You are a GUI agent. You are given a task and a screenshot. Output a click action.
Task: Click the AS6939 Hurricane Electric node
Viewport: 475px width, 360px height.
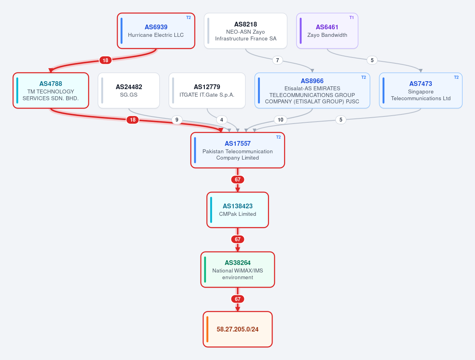click(x=156, y=30)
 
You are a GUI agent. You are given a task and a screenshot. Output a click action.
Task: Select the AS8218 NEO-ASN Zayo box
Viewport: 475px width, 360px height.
click(x=246, y=30)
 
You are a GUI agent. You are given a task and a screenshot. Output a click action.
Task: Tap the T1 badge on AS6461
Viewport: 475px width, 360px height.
click(x=351, y=17)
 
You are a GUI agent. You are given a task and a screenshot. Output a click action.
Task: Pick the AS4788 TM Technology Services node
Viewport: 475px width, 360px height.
click(x=51, y=91)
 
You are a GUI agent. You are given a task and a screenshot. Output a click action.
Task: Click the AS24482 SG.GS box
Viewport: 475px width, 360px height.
click(x=129, y=91)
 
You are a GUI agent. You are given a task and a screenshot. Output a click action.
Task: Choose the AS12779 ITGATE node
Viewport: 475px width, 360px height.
click(x=207, y=91)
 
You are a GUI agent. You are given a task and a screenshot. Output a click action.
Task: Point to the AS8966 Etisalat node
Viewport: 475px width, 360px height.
click(x=312, y=91)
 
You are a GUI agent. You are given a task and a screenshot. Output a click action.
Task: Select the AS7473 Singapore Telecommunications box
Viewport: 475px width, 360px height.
click(x=421, y=91)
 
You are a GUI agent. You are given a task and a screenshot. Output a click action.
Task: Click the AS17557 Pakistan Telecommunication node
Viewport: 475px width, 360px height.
click(x=238, y=150)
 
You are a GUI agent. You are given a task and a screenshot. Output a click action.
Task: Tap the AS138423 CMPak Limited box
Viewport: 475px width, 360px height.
click(x=238, y=210)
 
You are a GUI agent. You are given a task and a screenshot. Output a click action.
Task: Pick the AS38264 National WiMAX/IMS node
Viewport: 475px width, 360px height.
click(x=238, y=269)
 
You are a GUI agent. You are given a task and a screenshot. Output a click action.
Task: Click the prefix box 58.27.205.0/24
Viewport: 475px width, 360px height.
click(x=238, y=329)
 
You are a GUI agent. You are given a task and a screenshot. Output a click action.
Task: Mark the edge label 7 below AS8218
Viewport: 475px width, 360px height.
click(x=277, y=60)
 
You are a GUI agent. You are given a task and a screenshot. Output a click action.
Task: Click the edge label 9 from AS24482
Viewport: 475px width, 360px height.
click(x=177, y=120)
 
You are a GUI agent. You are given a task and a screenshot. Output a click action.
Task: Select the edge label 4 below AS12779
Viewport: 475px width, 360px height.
click(x=222, y=120)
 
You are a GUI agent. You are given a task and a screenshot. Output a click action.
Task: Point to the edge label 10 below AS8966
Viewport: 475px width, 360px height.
click(x=280, y=120)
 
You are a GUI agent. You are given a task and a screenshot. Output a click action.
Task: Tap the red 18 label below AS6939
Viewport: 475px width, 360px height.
click(x=105, y=60)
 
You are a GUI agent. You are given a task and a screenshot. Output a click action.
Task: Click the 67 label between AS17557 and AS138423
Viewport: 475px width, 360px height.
click(x=238, y=179)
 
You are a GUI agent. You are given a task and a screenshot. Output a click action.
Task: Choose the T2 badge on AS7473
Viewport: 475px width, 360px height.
click(x=456, y=78)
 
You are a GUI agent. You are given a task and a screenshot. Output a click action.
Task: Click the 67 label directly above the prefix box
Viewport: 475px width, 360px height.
click(x=238, y=299)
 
